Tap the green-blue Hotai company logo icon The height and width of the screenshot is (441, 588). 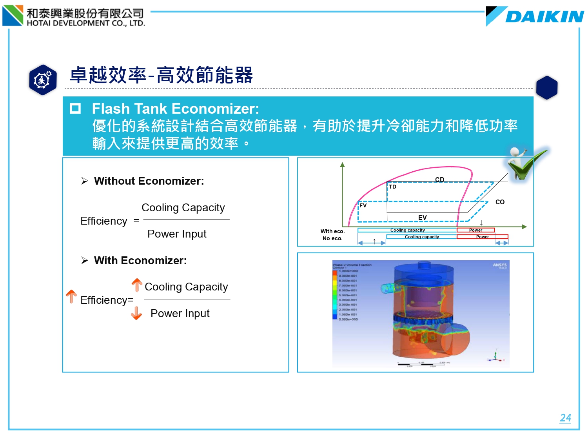click(13, 15)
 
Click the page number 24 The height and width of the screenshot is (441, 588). click(565, 418)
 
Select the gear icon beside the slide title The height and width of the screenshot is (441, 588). click(43, 80)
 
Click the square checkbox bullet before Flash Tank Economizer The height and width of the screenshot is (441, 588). click(75, 109)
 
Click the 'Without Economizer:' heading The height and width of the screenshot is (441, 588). click(149, 181)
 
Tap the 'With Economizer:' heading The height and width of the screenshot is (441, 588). click(140, 261)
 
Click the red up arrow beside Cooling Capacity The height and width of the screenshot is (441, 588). click(137, 285)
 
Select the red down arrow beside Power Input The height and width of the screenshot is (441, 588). click(136, 313)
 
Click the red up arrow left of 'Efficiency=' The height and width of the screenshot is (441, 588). click(71, 296)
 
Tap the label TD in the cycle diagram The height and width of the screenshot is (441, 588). click(392, 187)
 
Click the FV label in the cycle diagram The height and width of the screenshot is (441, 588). click(363, 205)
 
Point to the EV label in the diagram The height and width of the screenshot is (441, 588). click(422, 218)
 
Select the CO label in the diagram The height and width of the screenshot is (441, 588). click(500, 202)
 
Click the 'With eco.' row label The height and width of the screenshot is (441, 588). click(332, 231)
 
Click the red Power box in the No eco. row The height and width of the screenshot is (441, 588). click(482, 237)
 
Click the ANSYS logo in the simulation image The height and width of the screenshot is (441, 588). click(499, 265)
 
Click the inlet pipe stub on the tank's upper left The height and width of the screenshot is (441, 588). click(388, 289)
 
